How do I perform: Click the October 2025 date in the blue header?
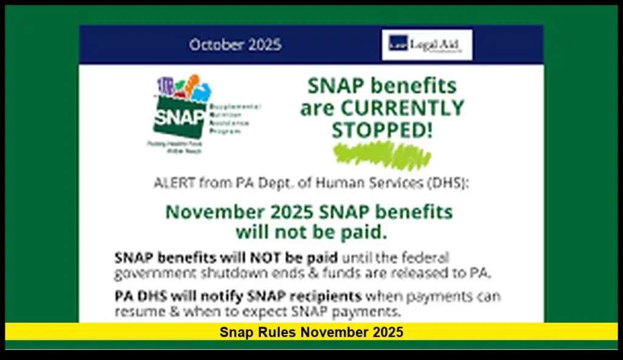235,45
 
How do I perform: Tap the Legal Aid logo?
426,44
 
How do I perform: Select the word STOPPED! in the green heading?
382,130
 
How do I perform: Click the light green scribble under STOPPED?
382,155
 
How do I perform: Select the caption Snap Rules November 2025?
311,332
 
